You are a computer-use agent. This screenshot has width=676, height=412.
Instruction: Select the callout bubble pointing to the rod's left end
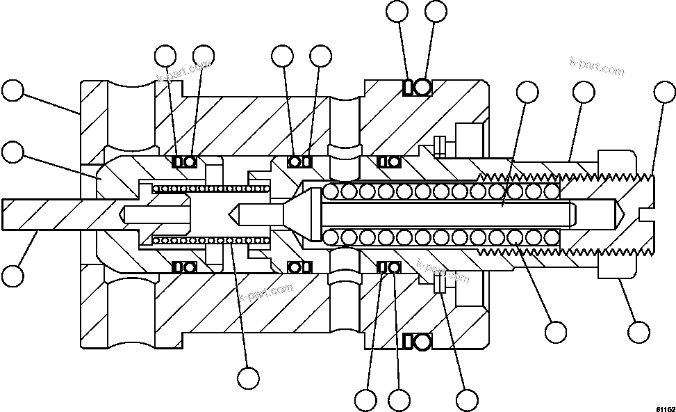point(13,275)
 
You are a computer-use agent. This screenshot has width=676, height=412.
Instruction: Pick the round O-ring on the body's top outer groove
point(422,87)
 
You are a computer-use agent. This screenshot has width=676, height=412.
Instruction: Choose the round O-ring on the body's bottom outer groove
point(422,341)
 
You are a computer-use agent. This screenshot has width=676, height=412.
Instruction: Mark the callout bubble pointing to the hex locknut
point(638,331)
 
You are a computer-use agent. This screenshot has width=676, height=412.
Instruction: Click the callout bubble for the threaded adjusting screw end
point(666,91)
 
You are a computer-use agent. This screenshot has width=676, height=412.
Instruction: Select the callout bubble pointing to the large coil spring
point(555,332)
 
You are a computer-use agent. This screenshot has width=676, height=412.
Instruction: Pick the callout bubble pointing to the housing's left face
point(13,91)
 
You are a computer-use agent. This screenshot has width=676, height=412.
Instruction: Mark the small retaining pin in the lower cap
point(438,284)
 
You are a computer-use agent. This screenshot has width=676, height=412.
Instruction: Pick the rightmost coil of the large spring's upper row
point(552,191)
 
